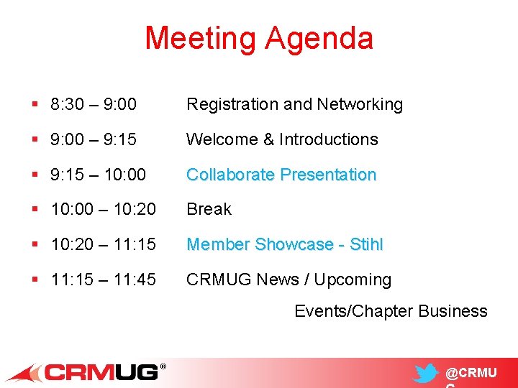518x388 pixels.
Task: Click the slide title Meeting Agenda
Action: pyautogui.click(x=259, y=38)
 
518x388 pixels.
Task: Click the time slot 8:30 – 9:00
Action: pyautogui.click(x=94, y=105)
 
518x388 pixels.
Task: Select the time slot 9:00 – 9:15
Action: pyautogui.click(x=94, y=139)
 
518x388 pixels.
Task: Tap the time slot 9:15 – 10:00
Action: pyautogui.click(x=99, y=175)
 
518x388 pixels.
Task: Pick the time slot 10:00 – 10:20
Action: pyautogui.click(x=104, y=210)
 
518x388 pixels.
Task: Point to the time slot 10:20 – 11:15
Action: pyautogui.click(x=104, y=245)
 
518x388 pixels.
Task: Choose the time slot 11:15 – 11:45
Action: pyautogui.click(x=104, y=280)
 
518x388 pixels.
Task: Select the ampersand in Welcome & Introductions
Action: pyautogui.click(x=268, y=139)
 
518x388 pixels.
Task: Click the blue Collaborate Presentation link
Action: pyautogui.click(x=281, y=175)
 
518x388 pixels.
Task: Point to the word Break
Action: pyautogui.click(x=209, y=210)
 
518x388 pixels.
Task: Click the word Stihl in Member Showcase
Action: pyautogui.click(x=366, y=245)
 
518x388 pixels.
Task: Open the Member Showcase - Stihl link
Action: pyautogui.click(x=285, y=245)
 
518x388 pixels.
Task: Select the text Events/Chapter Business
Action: pyautogui.click(x=391, y=311)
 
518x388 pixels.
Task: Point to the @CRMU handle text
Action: pyautogui.click(x=471, y=374)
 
